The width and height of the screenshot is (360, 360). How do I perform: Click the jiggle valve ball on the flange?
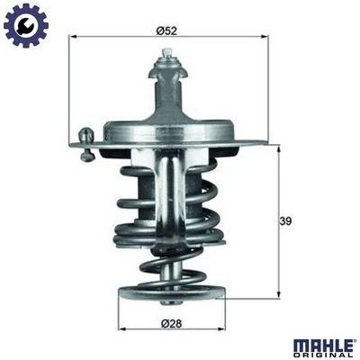(x=86, y=135)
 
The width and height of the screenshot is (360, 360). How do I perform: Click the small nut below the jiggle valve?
(x=86, y=157)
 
